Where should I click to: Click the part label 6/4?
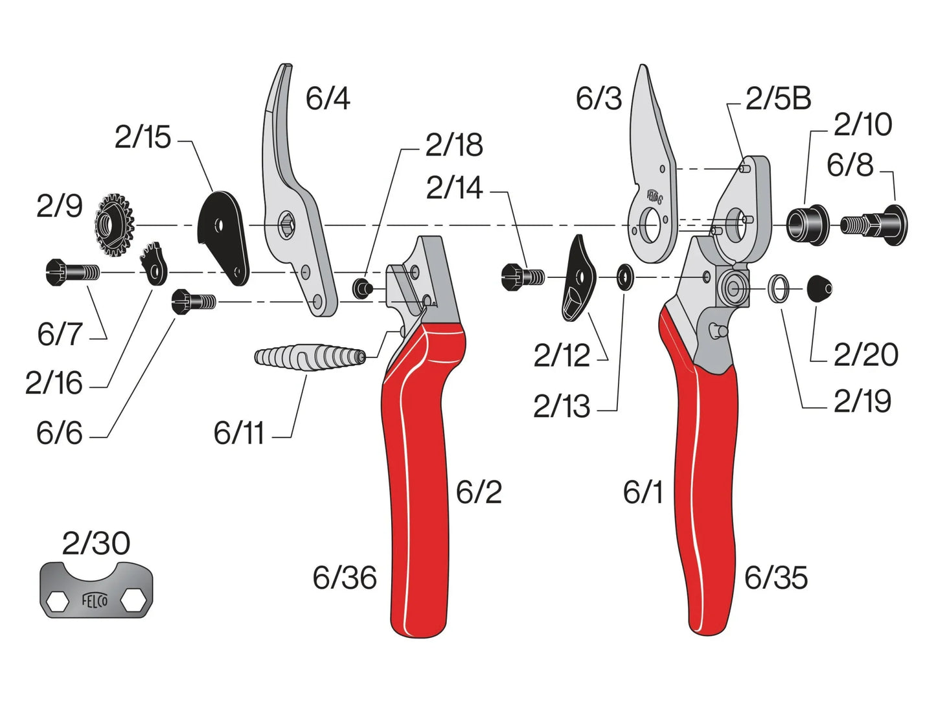coord(328,99)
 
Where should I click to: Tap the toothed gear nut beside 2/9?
coord(114,225)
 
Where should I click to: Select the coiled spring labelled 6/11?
coord(310,357)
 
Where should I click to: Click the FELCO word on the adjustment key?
coord(95,600)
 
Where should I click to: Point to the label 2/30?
coord(96,543)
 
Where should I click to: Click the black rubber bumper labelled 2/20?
coord(819,288)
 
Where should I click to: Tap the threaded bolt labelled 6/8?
coord(874,225)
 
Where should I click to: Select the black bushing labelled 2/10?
coord(808,224)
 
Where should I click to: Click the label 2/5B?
coord(778,99)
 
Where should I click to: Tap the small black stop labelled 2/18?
coord(361,287)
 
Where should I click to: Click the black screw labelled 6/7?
coord(72,271)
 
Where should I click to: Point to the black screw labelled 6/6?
coord(193,302)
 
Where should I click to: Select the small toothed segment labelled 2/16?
coord(154,263)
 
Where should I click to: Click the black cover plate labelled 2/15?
coord(224,236)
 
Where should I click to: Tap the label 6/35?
coord(776,578)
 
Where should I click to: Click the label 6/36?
coord(345,578)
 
